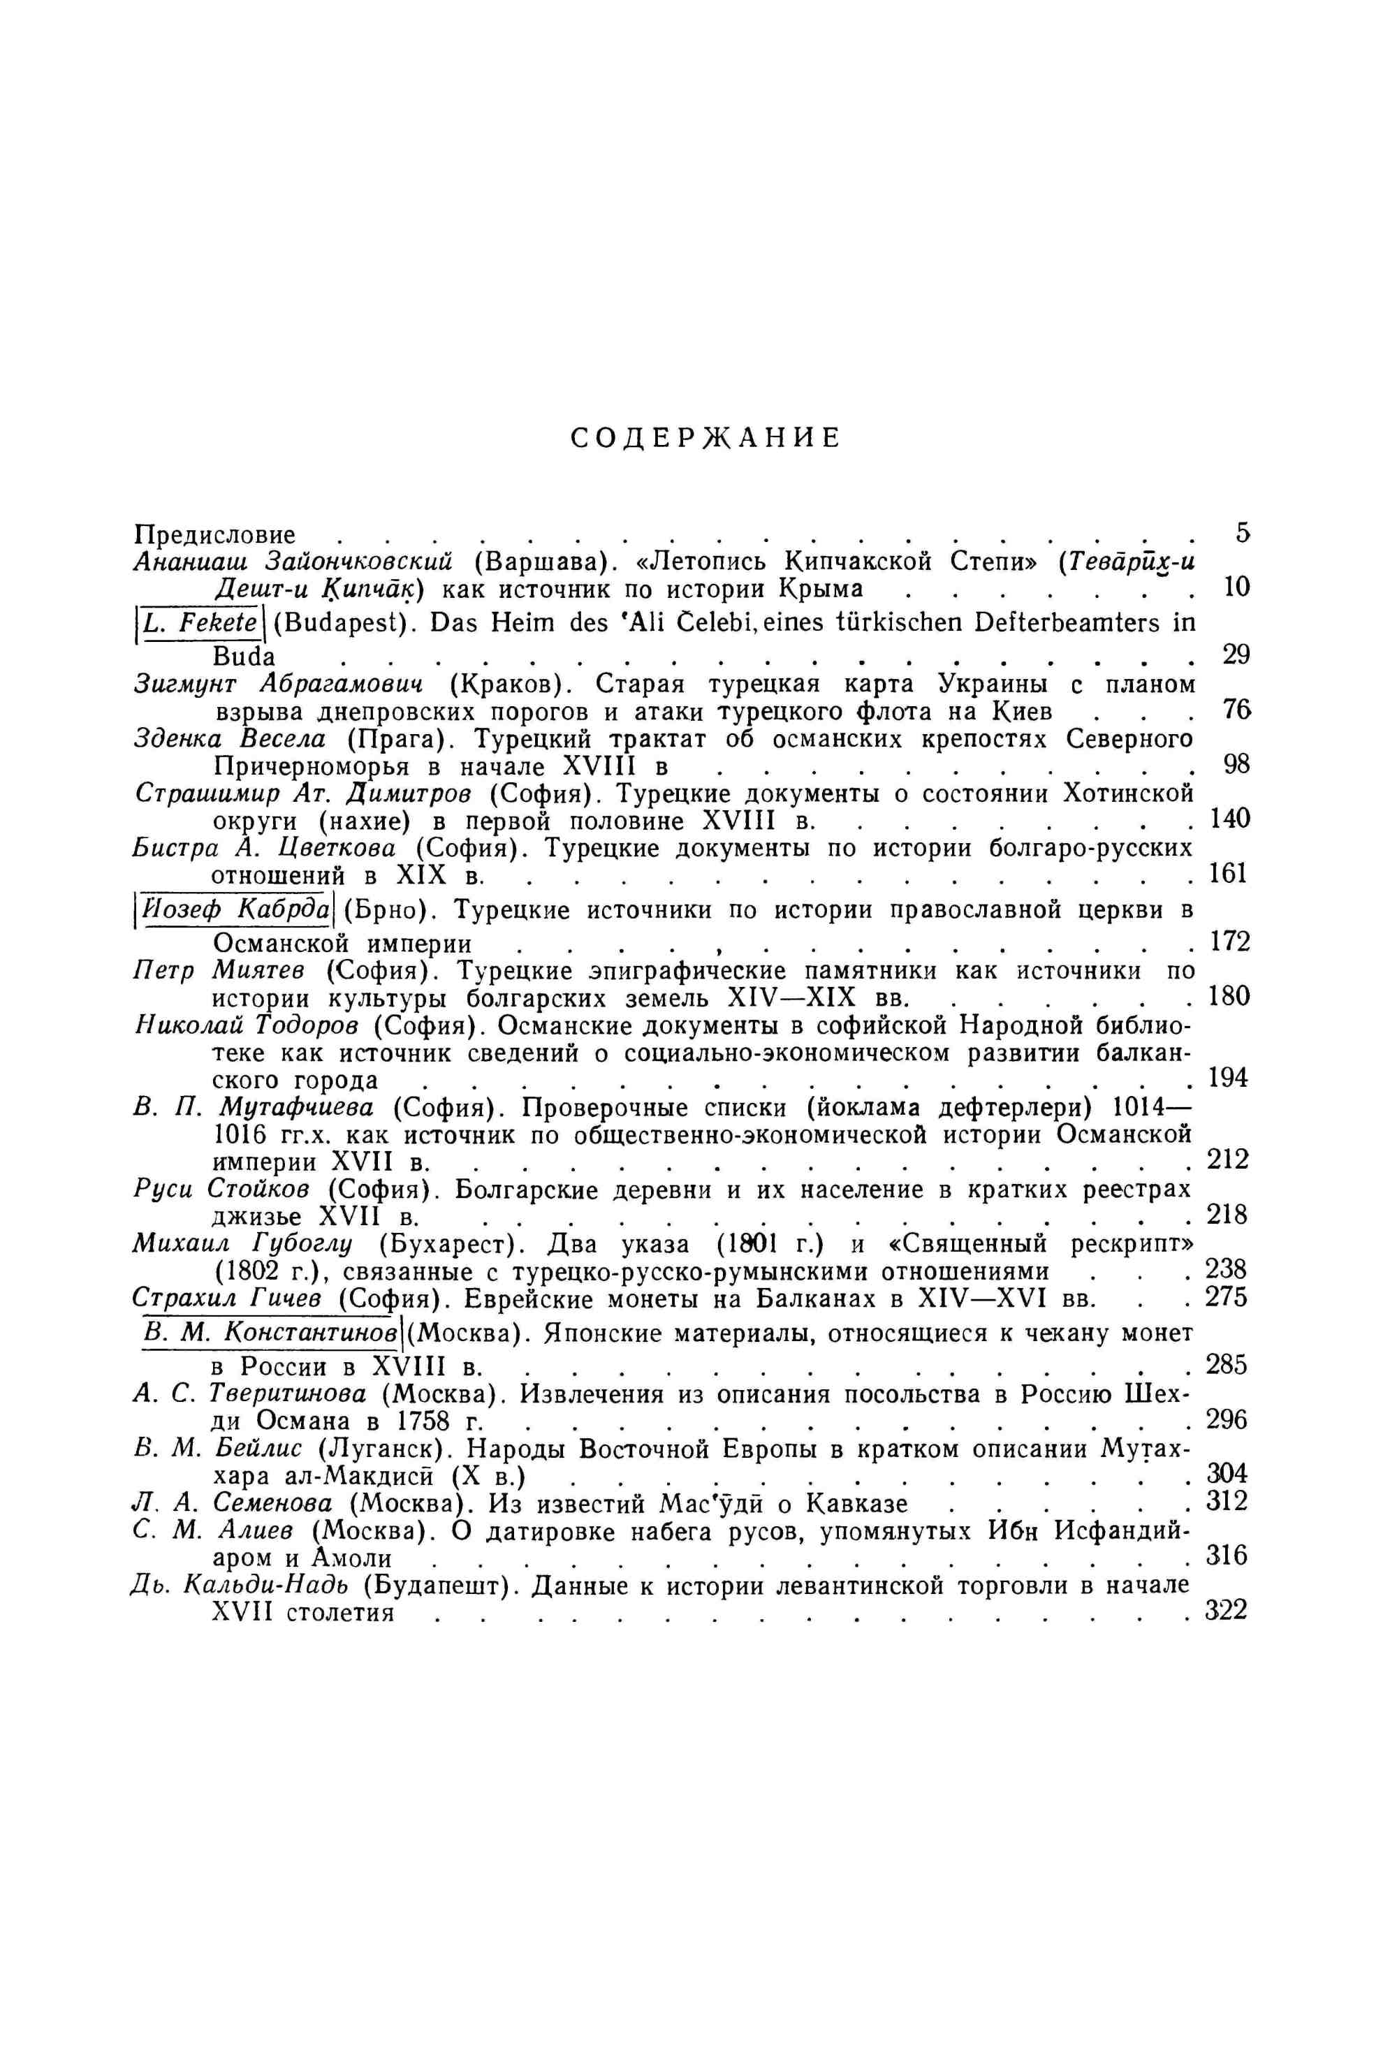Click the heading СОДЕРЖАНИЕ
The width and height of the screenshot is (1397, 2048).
tap(705, 438)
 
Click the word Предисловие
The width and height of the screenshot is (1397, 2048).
tap(214, 535)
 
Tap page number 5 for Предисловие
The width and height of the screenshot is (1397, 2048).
tap(1243, 532)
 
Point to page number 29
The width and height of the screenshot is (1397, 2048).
tap(1236, 654)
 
